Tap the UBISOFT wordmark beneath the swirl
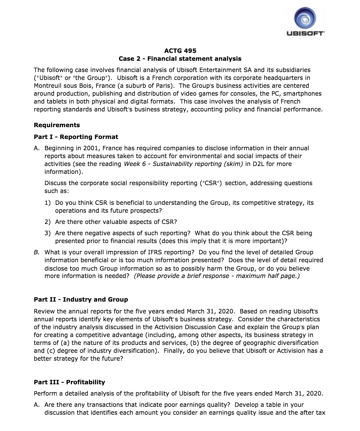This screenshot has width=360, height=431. pos(305,34)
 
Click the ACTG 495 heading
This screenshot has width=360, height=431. pos(180,51)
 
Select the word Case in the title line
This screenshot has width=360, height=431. pos(126,59)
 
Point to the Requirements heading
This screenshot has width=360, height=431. pos(57,125)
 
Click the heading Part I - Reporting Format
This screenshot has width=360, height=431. pos(76,137)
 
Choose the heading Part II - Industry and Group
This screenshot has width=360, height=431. pos(81,299)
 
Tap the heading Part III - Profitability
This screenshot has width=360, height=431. pos(69,382)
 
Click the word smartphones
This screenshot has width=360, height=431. pos(302,93)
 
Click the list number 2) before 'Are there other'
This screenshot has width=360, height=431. pos(48,222)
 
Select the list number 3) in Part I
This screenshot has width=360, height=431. pos(48,233)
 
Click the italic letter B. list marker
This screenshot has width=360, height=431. pos(36,252)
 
